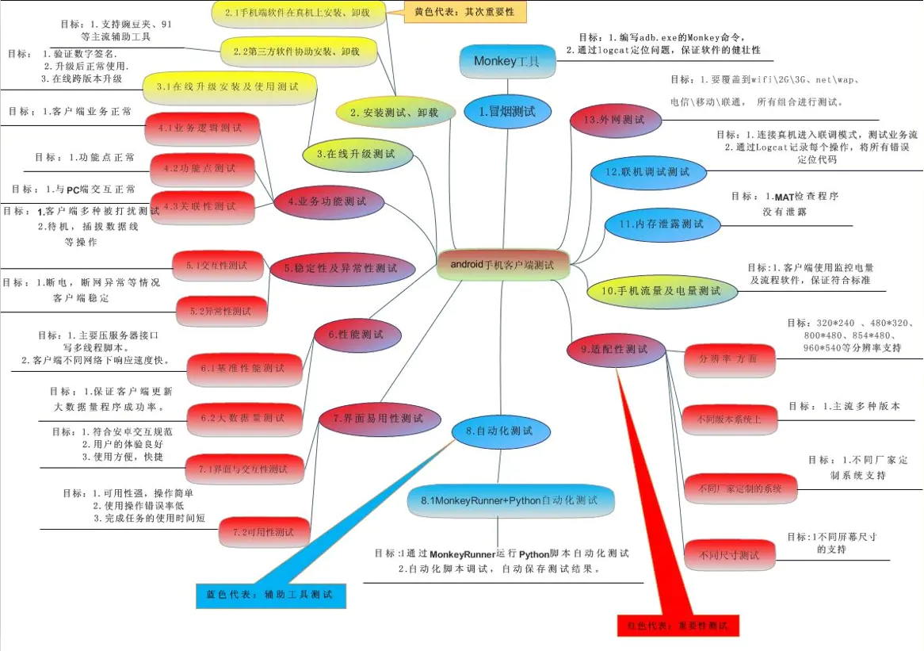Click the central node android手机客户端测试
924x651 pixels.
tap(502, 264)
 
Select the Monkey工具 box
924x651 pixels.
tap(506, 61)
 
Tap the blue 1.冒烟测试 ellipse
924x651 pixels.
tap(507, 112)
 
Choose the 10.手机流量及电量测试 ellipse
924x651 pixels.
tap(661, 291)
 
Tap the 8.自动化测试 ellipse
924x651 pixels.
tap(498, 431)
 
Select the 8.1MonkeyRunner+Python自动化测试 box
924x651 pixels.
tap(510, 501)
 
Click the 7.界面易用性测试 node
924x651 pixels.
tap(378, 418)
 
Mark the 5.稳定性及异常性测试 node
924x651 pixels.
tap(340, 269)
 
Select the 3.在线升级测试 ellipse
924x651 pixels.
tap(361, 154)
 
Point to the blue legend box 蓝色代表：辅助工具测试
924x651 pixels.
tap(270, 594)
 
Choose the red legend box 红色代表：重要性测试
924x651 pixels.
tap(678, 624)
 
